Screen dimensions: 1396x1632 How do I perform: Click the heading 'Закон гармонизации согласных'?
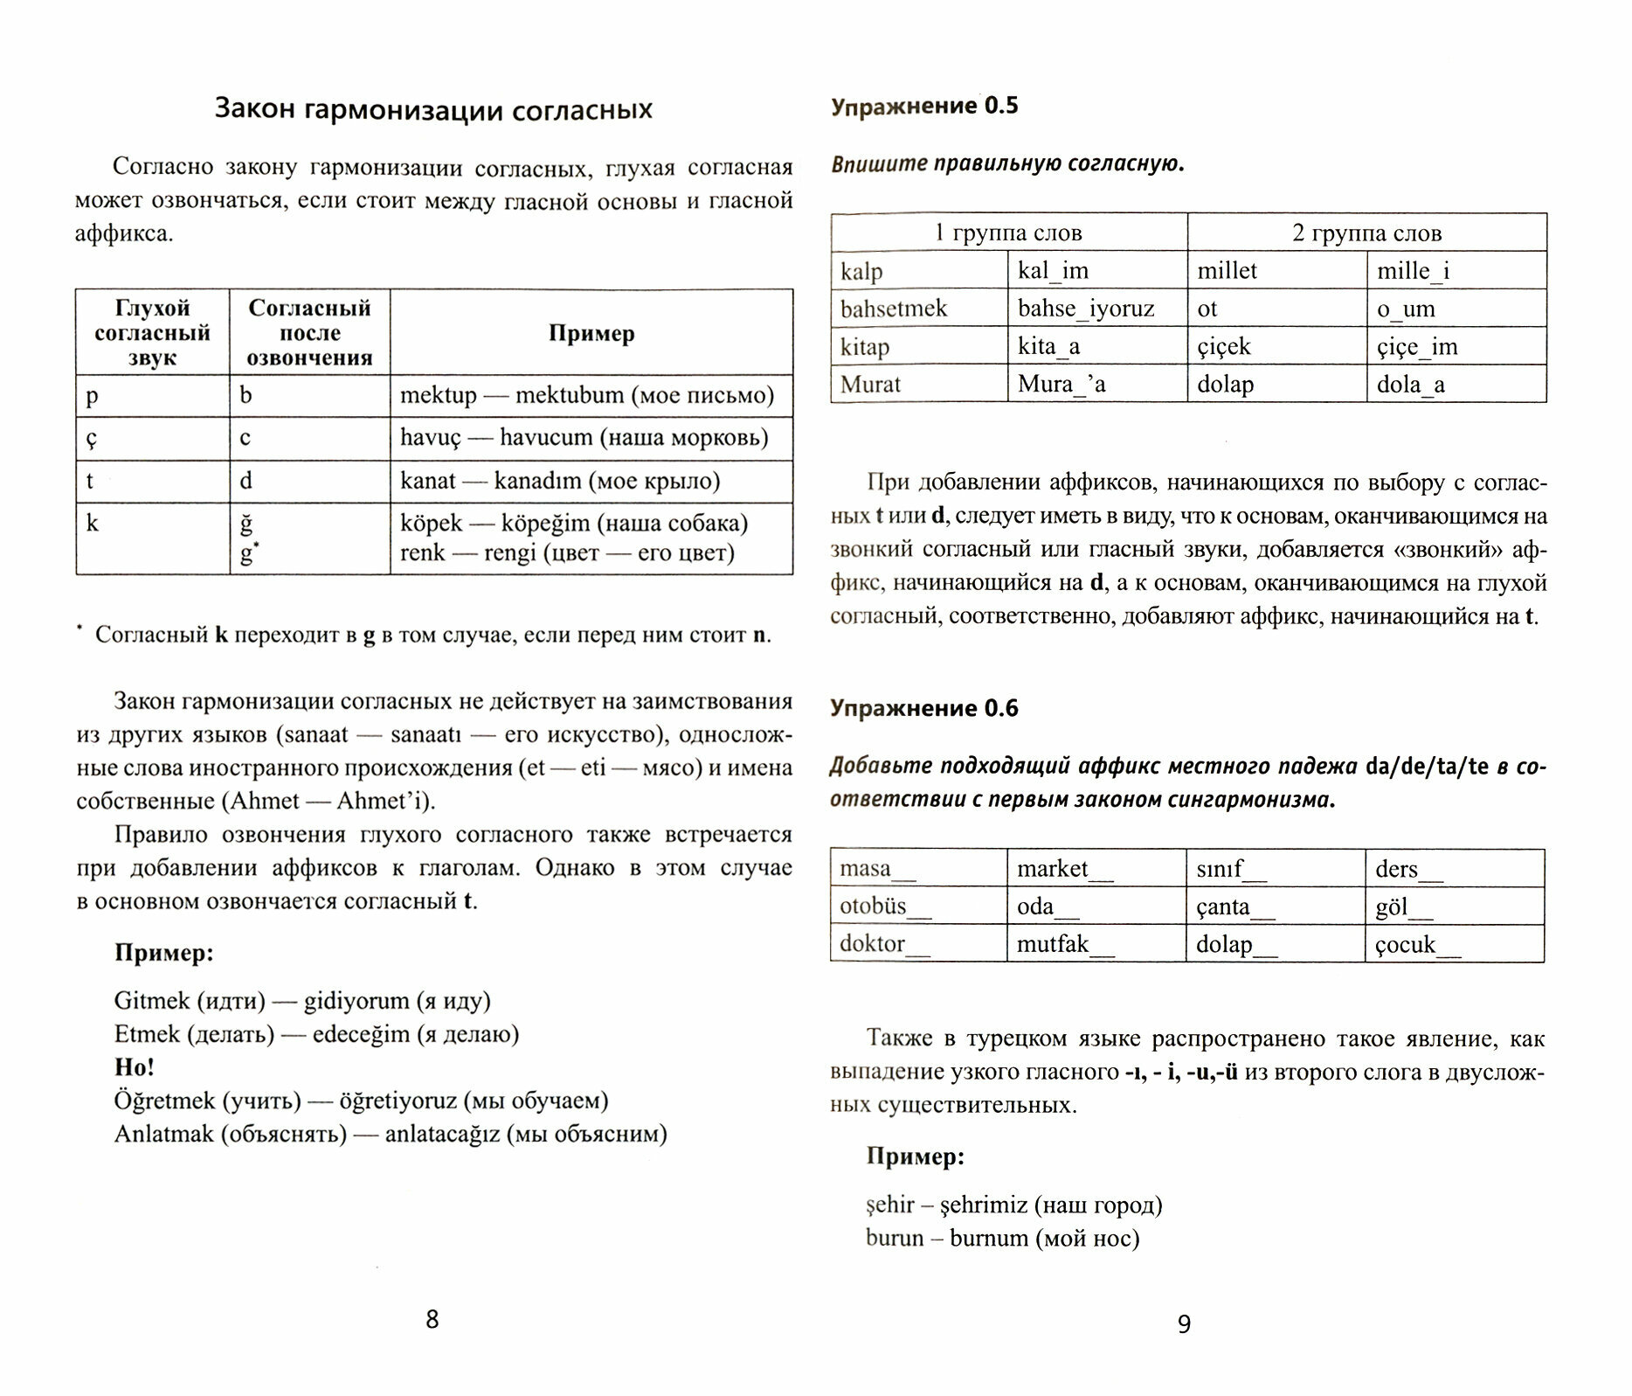click(x=433, y=109)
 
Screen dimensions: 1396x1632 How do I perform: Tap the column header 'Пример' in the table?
click(x=591, y=333)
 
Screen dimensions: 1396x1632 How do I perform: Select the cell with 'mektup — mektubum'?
click(x=587, y=395)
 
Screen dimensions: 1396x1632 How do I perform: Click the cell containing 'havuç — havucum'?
click(x=584, y=437)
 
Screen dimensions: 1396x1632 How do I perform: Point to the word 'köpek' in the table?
click(x=431, y=523)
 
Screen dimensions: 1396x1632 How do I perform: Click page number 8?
click(x=432, y=1319)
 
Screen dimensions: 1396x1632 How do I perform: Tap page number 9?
click(x=1184, y=1323)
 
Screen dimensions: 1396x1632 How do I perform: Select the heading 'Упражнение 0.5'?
click(x=924, y=106)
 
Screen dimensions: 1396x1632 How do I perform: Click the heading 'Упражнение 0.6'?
click(x=924, y=708)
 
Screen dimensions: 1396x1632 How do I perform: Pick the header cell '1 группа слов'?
click(x=1008, y=233)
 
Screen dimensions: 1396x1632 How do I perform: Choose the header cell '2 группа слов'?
click(x=1366, y=233)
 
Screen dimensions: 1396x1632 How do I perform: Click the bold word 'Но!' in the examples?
click(x=135, y=1066)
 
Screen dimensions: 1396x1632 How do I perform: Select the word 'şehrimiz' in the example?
click(x=983, y=1205)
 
